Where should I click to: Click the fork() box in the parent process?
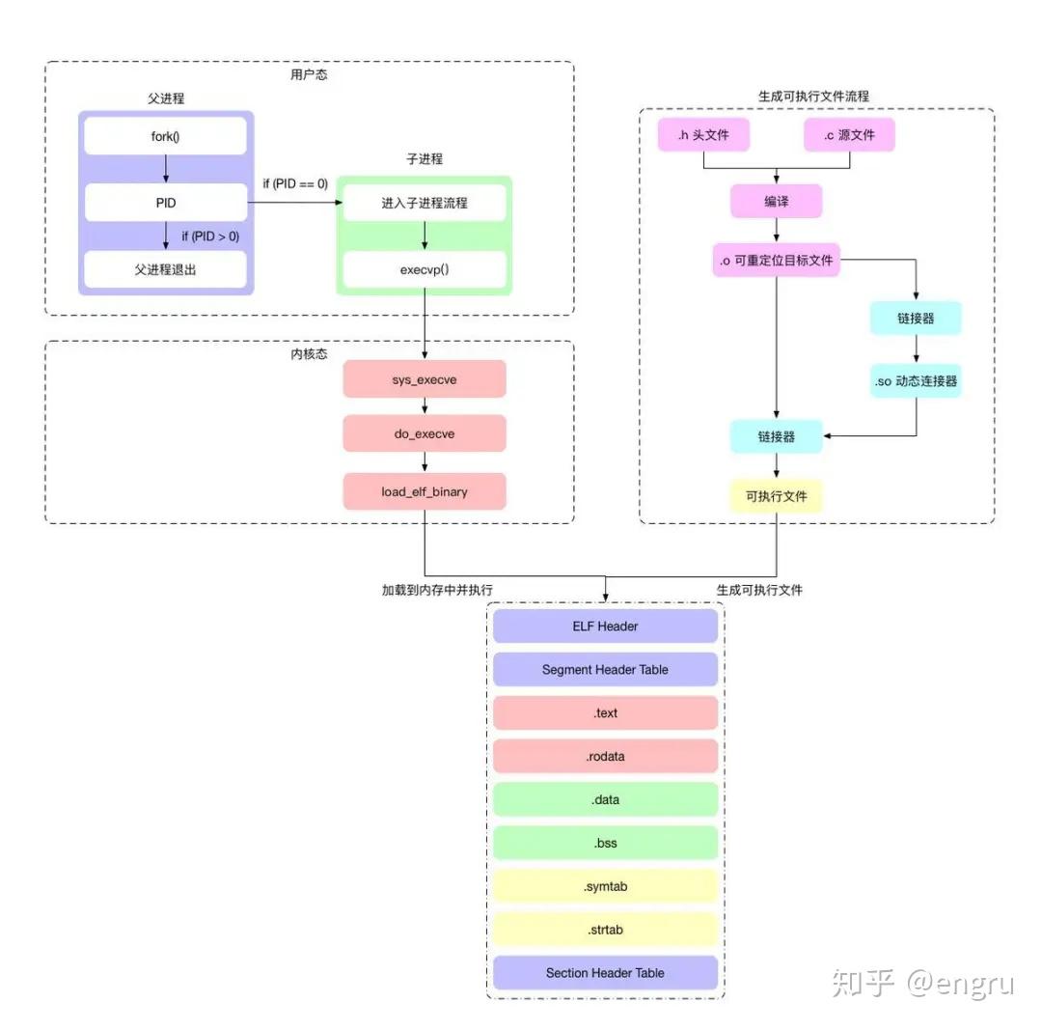click(x=165, y=136)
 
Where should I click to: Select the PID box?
click(x=165, y=204)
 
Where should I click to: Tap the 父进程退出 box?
click(x=165, y=270)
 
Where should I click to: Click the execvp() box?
click(x=425, y=270)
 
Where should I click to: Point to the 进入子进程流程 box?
click(x=425, y=204)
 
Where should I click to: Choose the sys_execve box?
click(x=425, y=379)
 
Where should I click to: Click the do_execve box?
click(x=425, y=434)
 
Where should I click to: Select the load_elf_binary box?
click(x=425, y=491)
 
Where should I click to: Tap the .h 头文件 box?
click(x=704, y=135)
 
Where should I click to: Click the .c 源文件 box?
click(x=849, y=135)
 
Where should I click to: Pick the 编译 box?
click(x=776, y=202)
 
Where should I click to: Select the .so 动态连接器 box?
click(x=916, y=381)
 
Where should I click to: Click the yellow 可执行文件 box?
click(x=776, y=496)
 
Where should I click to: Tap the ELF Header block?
click(x=605, y=626)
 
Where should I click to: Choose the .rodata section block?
click(x=605, y=756)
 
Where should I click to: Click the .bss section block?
click(x=605, y=843)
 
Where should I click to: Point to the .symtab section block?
click(x=605, y=886)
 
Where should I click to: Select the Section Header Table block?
click(x=605, y=972)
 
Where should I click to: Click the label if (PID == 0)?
click(x=295, y=183)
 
